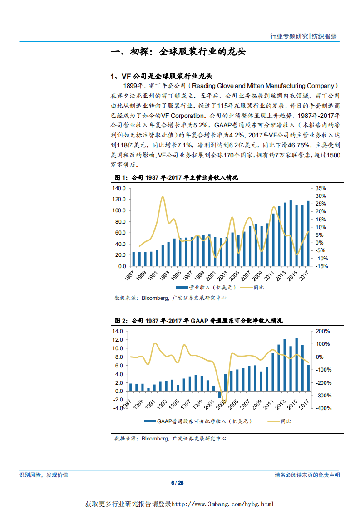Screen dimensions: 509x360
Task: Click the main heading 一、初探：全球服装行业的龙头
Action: point(178,52)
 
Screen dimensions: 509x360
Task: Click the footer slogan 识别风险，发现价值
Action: point(44,475)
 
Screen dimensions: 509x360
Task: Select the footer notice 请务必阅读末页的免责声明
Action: point(307,475)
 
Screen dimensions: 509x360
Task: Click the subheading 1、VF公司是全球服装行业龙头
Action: point(162,76)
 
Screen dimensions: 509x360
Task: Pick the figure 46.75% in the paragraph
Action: point(297,145)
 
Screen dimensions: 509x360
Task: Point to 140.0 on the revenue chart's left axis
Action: point(119,188)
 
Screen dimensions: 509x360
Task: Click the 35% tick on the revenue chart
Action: point(320,188)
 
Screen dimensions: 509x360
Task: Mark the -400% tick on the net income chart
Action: point(323,409)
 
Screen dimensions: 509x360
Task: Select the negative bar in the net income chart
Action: point(220,395)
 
